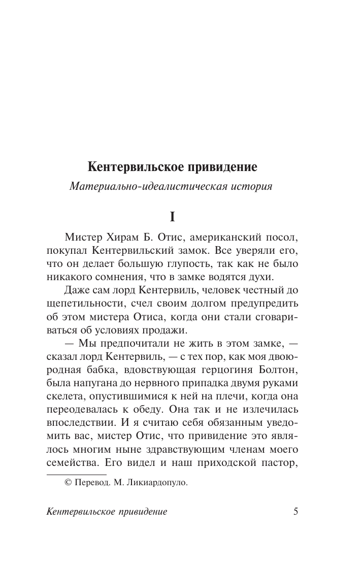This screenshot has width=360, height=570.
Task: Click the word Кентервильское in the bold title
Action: coord(130,166)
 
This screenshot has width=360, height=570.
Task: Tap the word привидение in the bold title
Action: coord(215,166)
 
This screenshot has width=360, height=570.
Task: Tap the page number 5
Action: coord(296,511)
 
